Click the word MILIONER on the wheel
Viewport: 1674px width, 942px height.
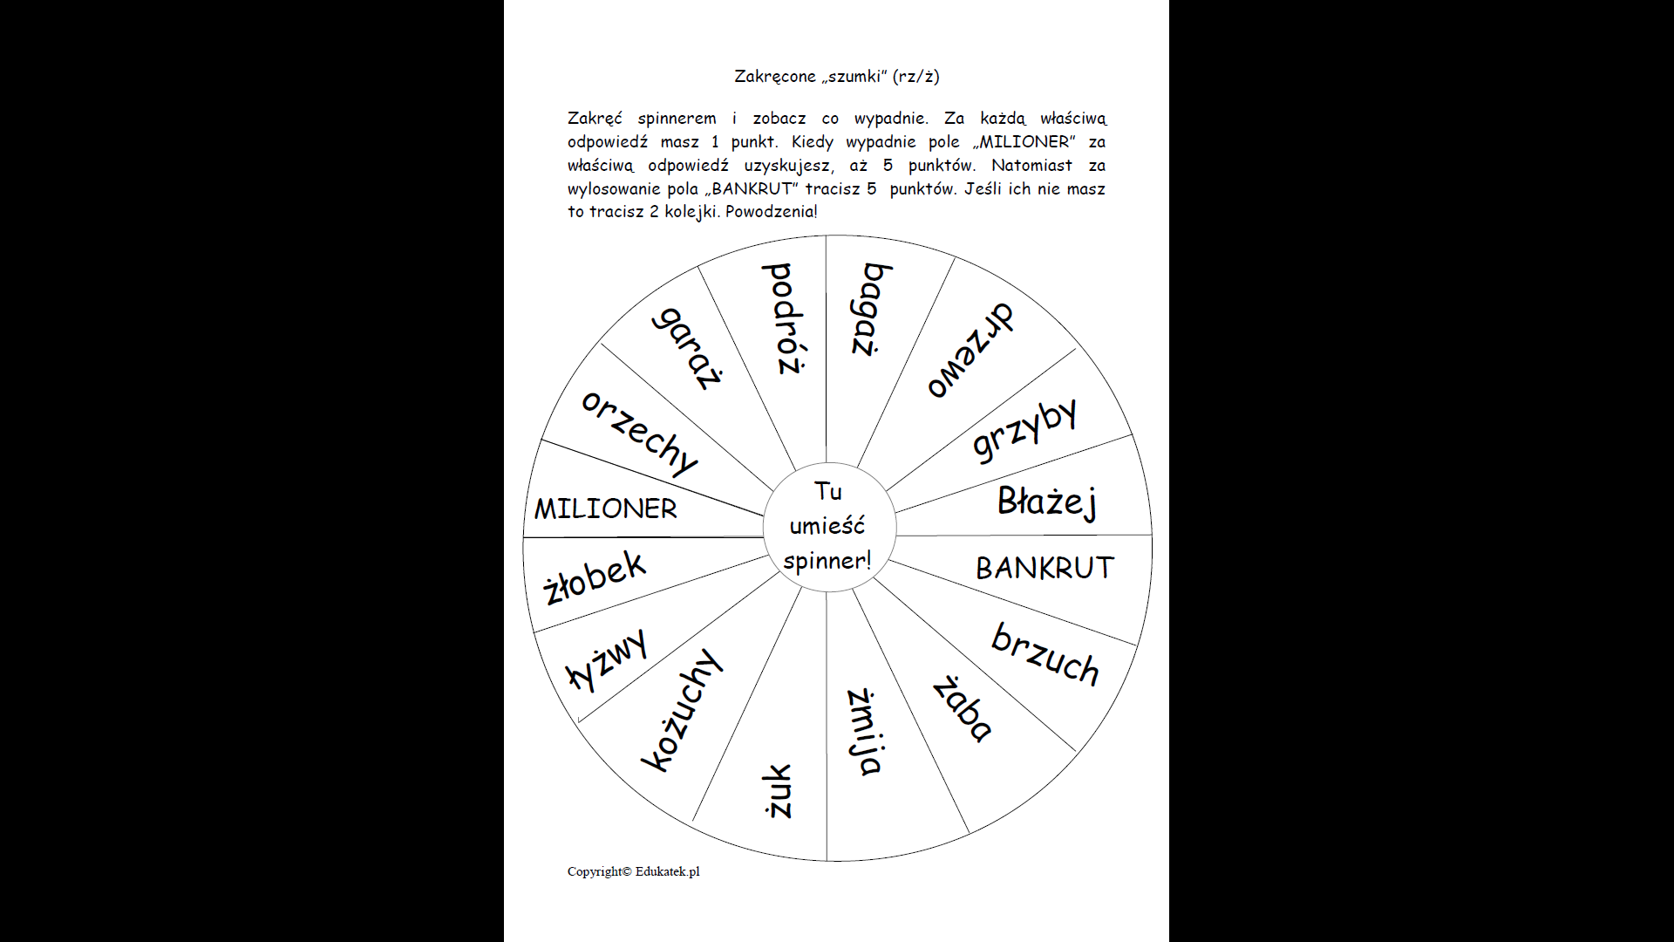[605, 509]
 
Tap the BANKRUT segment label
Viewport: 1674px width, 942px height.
[1045, 568]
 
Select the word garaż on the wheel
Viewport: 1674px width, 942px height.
[688, 348]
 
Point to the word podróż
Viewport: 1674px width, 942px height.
[784, 318]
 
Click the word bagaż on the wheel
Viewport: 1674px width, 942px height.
[871, 309]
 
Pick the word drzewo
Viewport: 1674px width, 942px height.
[969, 351]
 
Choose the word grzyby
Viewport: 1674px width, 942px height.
[1024, 429]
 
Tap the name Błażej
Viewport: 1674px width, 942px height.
[1046, 502]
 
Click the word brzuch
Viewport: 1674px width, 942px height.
[1045, 654]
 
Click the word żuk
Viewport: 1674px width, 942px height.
[777, 791]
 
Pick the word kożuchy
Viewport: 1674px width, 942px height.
[682, 710]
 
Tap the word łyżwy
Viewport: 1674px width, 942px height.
[607, 659]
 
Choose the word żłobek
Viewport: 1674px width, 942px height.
[594, 577]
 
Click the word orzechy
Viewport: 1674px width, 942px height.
[640, 433]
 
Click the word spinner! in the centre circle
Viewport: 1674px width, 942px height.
[827, 561]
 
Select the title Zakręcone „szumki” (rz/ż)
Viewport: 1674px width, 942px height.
[836, 76]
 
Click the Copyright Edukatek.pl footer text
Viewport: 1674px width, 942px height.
[633, 871]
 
